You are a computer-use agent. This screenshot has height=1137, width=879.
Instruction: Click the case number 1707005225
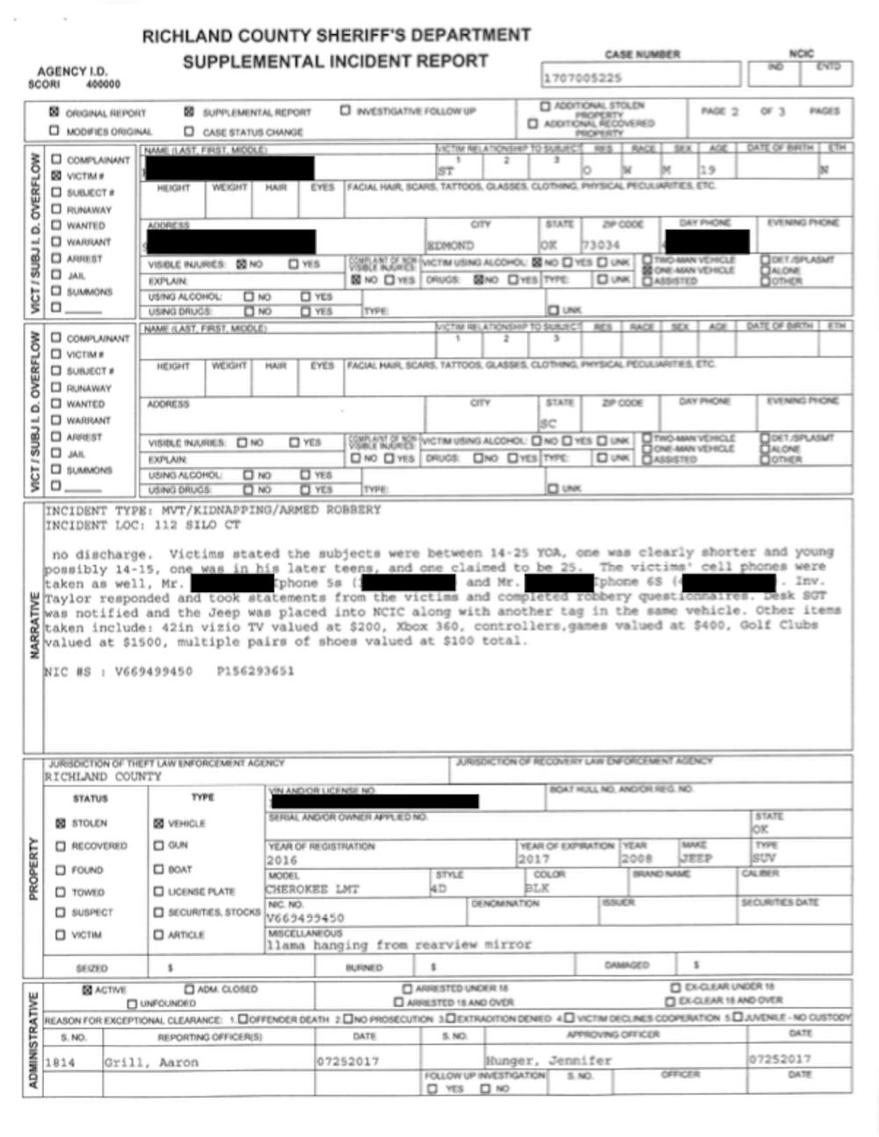pyautogui.click(x=582, y=78)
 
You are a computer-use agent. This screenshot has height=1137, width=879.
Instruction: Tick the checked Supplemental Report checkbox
pyautogui.click(x=189, y=112)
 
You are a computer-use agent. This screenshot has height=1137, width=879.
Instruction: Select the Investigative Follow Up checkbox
pyautogui.click(x=345, y=111)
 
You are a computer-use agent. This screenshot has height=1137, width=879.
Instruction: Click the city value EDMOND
pyautogui.click(x=450, y=245)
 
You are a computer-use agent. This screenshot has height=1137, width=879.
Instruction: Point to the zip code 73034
pyautogui.click(x=600, y=245)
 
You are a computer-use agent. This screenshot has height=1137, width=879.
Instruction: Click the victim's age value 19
pyautogui.click(x=708, y=170)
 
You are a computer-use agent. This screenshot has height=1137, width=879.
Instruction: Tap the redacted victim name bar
pyautogui.click(x=229, y=168)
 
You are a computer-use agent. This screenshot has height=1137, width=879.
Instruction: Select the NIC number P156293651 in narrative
pyautogui.click(x=255, y=671)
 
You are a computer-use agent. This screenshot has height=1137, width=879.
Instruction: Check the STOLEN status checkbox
pyautogui.click(x=61, y=823)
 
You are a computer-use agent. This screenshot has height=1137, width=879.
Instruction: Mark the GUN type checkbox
pyautogui.click(x=159, y=845)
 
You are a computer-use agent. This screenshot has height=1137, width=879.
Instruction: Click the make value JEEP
pyautogui.click(x=696, y=858)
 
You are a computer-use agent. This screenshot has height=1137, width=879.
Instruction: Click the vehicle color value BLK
pyautogui.click(x=537, y=889)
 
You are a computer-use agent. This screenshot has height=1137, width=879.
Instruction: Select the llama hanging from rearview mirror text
pyautogui.click(x=399, y=945)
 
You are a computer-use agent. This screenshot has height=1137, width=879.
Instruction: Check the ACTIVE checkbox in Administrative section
pyautogui.click(x=87, y=989)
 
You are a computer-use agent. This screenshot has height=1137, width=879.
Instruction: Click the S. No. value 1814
pyautogui.click(x=60, y=1062)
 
